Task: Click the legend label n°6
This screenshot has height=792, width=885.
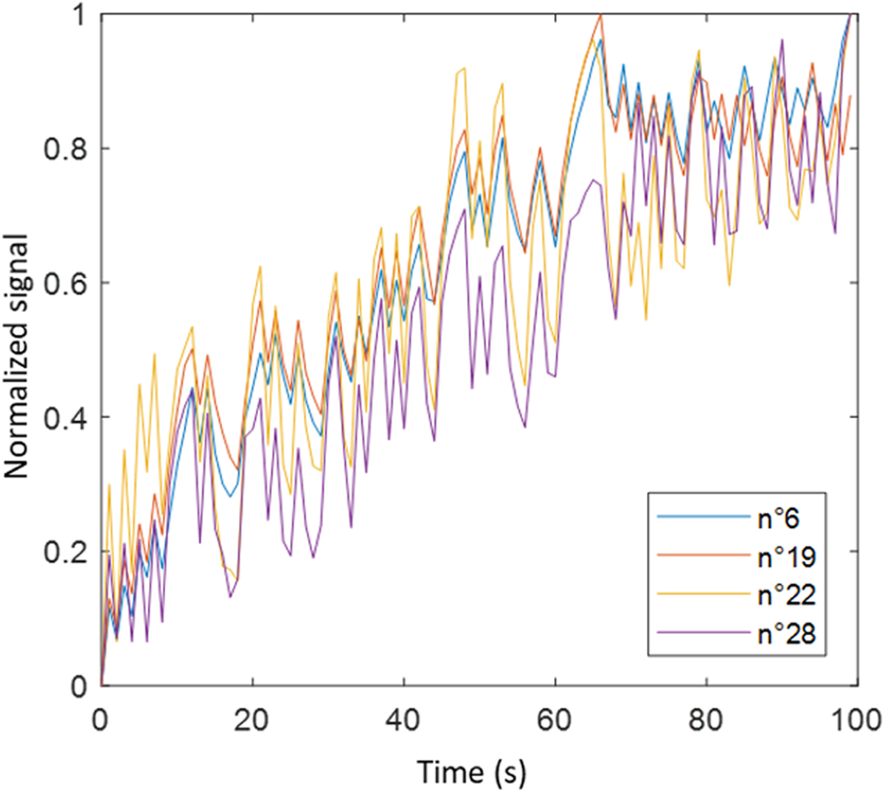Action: point(779,519)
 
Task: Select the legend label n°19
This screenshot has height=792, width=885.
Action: point(787,557)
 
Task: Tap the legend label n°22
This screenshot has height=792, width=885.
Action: point(787,596)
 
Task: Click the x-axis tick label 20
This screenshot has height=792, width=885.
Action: point(252,718)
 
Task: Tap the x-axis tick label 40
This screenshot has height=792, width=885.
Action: point(404,718)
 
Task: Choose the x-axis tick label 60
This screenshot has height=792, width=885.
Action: point(555,718)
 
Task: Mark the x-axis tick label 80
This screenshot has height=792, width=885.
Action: point(707,718)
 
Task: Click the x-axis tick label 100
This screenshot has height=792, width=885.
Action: point(855,718)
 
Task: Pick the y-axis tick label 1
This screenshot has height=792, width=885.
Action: point(80,16)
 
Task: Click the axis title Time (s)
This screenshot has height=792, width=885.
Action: point(472,771)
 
